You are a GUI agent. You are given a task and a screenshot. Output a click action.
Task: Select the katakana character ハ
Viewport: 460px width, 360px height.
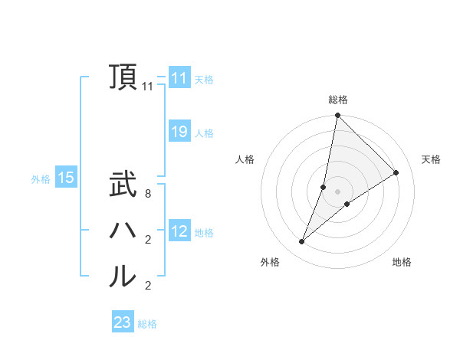click(123, 230)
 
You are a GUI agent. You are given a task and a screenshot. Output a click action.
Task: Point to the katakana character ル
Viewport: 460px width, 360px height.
click(123, 276)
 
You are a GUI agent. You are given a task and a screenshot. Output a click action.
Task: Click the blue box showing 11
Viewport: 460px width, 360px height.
click(179, 78)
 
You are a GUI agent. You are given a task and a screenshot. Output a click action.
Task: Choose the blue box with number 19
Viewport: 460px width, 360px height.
click(179, 132)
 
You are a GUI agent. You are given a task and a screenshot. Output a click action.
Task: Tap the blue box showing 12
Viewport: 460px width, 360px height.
click(179, 231)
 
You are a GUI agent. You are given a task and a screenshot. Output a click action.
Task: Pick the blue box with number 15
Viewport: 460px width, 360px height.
click(66, 178)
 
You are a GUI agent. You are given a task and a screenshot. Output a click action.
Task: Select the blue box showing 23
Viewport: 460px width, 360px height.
click(123, 322)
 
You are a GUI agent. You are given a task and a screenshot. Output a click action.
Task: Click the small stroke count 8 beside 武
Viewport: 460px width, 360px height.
click(148, 195)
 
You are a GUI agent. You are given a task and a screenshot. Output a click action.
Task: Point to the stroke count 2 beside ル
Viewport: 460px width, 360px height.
click(148, 286)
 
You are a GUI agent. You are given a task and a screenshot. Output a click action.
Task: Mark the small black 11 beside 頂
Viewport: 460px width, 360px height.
click(148, 87)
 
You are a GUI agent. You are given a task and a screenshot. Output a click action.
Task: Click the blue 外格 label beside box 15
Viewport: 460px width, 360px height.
click(41, 179)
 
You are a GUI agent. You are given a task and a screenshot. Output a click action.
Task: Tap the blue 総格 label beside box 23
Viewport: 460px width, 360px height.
click(147, 324)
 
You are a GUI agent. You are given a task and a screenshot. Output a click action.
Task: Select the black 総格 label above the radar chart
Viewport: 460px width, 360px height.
click(337, 100)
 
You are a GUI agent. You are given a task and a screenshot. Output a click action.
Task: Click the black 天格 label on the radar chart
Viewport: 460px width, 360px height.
click(431, 159)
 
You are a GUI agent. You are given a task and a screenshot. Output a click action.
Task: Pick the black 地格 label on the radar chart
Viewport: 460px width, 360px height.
click(402, 262)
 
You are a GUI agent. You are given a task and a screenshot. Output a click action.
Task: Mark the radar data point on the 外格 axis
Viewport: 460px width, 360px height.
click(302, 242)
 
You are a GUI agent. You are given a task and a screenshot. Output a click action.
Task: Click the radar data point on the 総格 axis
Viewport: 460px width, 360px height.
click(337, 116)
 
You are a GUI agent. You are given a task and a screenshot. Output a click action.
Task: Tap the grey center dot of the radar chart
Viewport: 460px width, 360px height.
click(337, 191)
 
